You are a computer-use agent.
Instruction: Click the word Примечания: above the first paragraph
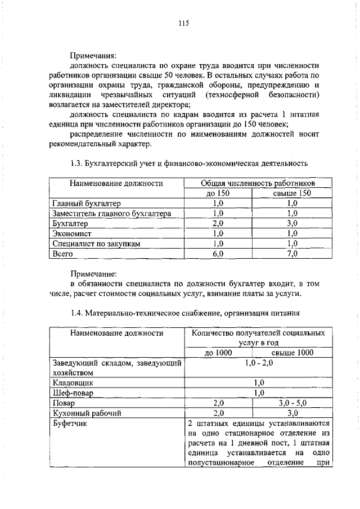(93, 56)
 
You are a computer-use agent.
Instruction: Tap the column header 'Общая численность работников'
(258, 183)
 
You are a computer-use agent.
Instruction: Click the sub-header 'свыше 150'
(292, 193)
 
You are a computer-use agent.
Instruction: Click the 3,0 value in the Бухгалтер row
(292, 223)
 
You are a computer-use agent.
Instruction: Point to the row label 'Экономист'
(71, 233)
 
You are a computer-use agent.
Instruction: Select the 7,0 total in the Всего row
(292, 254)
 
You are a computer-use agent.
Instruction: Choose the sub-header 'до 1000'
(218, 353)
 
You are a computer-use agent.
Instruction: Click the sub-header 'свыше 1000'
(292, 353)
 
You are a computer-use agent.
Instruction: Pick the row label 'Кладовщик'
(73, 382)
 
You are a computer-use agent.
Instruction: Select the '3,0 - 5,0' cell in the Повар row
(292, 403)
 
